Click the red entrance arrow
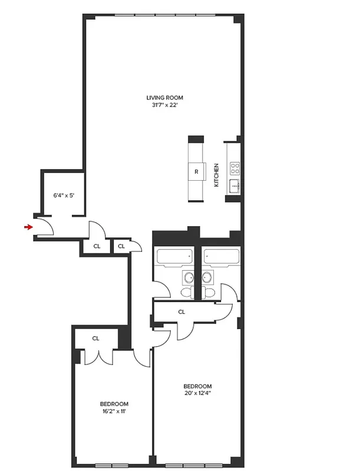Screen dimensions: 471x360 click(x=28, y=227)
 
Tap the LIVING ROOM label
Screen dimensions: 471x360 click(x=165, y=98)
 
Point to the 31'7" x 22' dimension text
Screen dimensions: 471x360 click(x=165, y=106)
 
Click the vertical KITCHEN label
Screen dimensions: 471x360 click(x=216, y=175)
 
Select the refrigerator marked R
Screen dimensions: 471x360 click(x=196, y=172)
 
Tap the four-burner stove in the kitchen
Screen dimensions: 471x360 click(x=235, y=167)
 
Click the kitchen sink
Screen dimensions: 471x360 click(x=235, y=187)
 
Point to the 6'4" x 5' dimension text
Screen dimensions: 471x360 click(x=64, y=195)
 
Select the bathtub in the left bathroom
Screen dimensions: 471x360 click(x=174, y=257)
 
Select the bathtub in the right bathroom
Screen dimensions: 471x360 click(x=222, y=257)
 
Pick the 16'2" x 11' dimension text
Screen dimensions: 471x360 click(x=114, y=412)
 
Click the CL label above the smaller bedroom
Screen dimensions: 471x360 click(x=95, y=339)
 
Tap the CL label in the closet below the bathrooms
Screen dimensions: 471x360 click(x=181, y=312)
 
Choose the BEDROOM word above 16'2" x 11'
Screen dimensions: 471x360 click(x=114, y=403)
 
